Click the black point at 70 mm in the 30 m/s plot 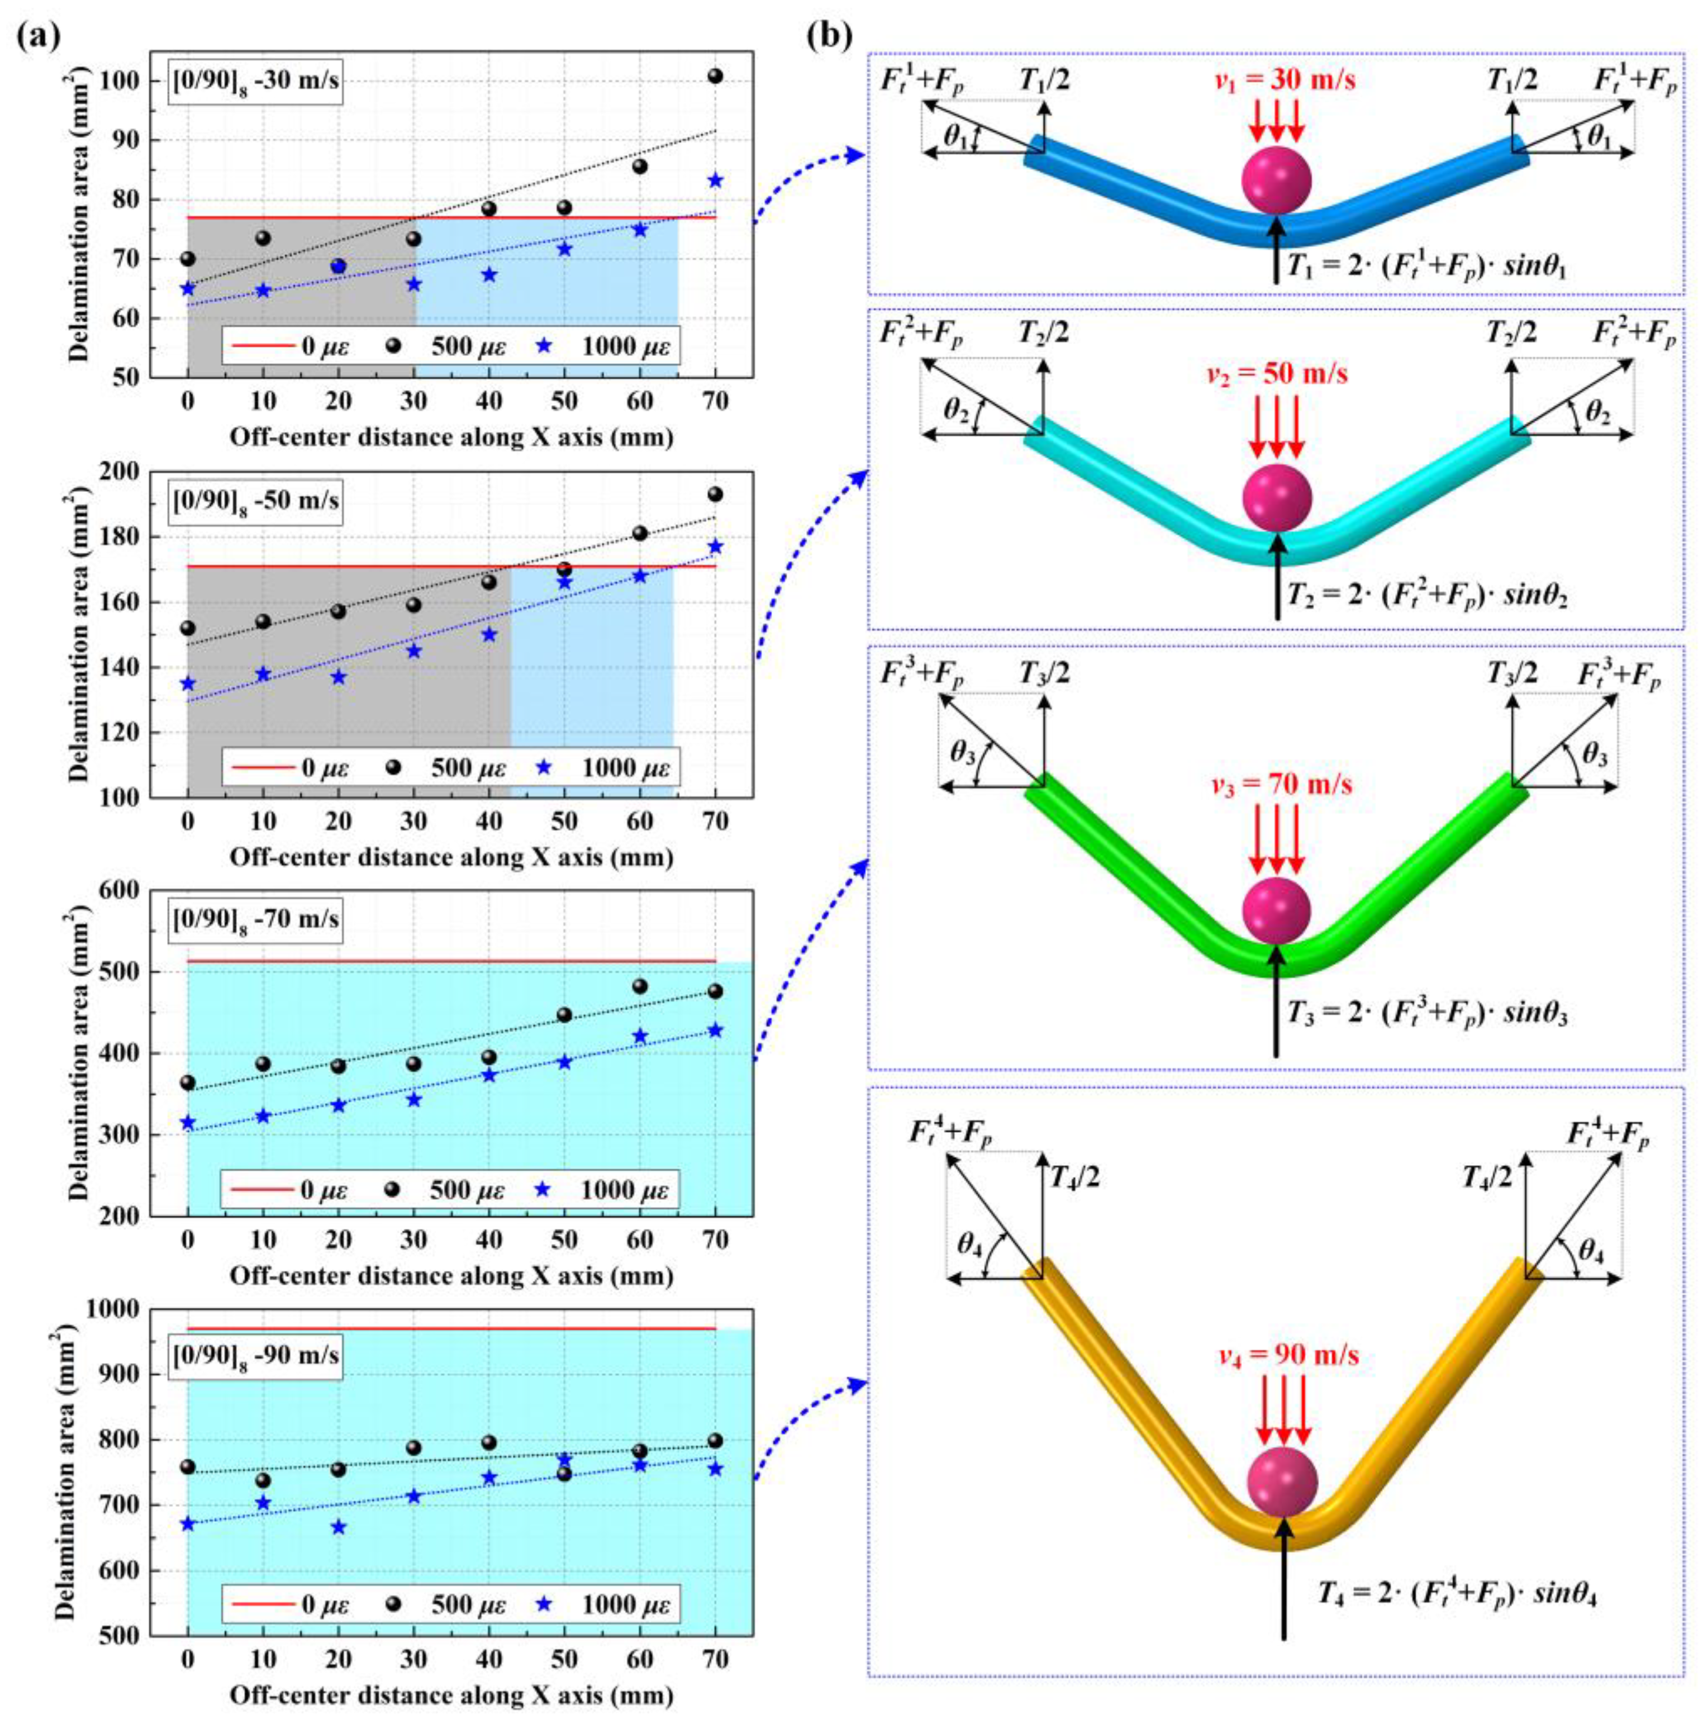coord(715,76)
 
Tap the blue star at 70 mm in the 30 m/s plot coord(715,181)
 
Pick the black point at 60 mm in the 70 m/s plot coord(640,986)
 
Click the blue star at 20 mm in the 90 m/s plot coord(338,1527)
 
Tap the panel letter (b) coord(830,36)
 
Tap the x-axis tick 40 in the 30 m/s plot coord(489,402)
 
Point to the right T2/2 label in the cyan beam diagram coord(1512,334)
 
